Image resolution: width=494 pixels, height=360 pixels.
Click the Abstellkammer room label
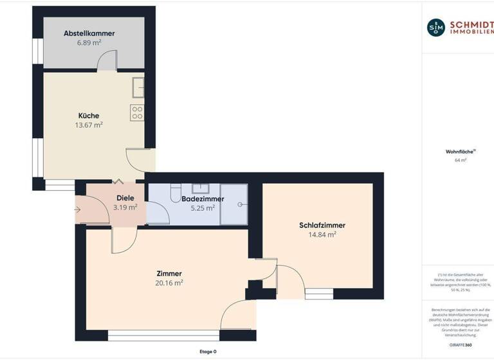[x=89, y=33]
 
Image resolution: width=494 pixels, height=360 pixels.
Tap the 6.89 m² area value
[x=89, y=42]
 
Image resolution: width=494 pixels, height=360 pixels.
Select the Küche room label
[x=89, y=116]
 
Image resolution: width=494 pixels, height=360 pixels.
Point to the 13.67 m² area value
[x=89, y=125]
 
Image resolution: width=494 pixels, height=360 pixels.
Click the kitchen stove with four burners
[x=137, y=113]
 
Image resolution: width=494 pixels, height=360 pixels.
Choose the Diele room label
[x=125, y=198]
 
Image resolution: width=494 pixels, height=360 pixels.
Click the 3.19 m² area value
[x=125, y=208]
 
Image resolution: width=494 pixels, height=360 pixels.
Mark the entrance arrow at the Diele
[x=78, y=210]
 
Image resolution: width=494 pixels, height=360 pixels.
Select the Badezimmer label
[x=203, y=199]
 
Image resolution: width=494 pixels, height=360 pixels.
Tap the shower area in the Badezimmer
[x=234, y=204]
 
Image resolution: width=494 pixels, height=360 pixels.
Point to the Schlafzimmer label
[x=322, y=225]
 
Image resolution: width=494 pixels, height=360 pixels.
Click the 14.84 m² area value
[x=322, y=235]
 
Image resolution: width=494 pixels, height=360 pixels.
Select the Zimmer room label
[x=169, y=273]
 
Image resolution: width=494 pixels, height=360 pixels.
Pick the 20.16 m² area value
[x=169, y=283]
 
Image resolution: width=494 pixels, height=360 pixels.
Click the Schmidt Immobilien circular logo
[x=435, y=27]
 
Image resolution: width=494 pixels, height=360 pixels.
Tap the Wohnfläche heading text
[x=460, y=152]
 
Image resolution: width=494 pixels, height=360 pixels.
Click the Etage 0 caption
[x=208, y=352]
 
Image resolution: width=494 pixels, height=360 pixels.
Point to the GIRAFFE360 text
[x=460, y=345]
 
